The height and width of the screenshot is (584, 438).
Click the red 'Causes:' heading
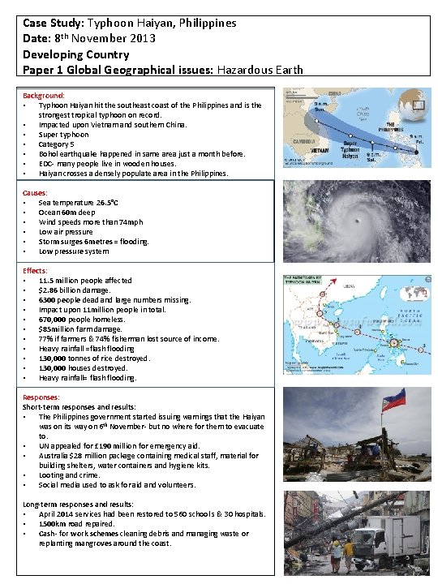[x=35, y=192]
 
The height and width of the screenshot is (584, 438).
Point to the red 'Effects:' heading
[x=35, y=270]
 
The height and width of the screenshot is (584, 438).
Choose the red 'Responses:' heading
[x=41, y=397]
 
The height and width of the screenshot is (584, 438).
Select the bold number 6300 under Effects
[x=48, y=300]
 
